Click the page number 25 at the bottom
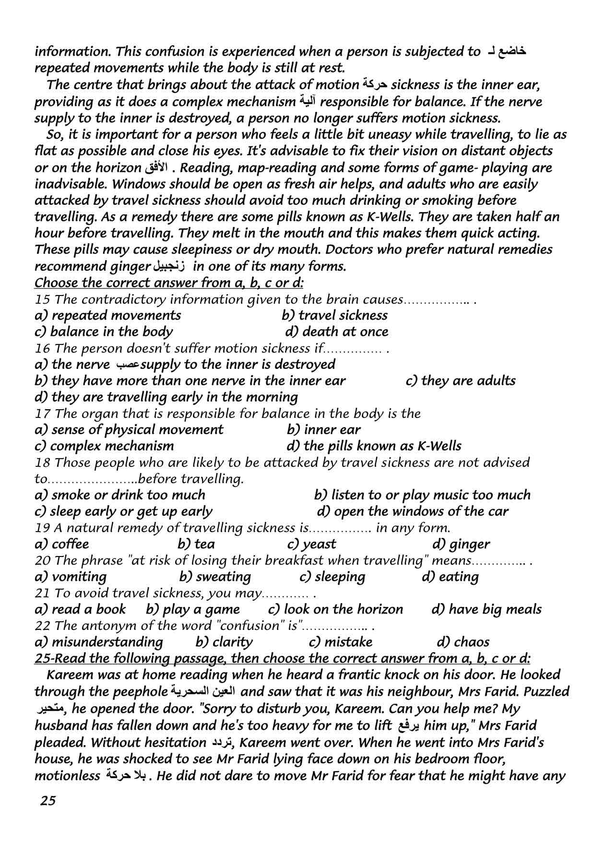[48, 801]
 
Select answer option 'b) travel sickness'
[334, 315]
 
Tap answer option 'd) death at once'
[336, 332]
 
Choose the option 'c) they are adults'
[460, 380]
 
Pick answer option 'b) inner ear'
[323, 429]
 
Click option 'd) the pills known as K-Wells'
[374, 446]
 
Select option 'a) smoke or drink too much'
[120, 495]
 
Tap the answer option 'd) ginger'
[461, 544]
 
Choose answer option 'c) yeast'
[311, 544]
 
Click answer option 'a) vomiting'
[71, 577]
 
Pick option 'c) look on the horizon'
[335, 609]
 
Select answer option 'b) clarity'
[224, 642]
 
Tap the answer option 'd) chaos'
[463, 642]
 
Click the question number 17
[42, 414]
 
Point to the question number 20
[42, 560]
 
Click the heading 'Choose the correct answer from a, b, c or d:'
[169, 283]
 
